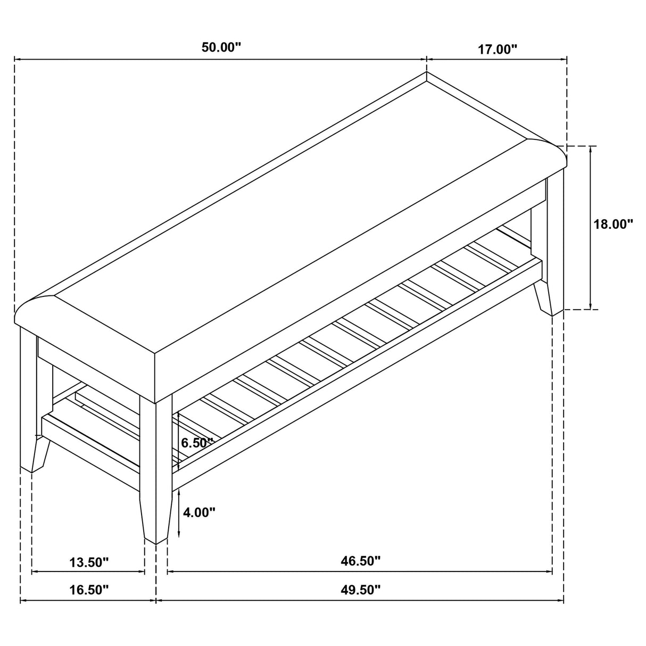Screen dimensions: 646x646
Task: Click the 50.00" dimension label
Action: (221, 47)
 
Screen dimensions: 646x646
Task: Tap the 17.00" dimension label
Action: (498, 49)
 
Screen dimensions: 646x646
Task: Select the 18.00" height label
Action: (614, 224)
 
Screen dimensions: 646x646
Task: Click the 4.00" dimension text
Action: (199, 512)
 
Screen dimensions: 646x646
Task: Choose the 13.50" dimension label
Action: (89, 562)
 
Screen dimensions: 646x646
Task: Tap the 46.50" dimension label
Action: (360, 561)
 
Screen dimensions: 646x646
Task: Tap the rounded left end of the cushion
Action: (32, 314)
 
